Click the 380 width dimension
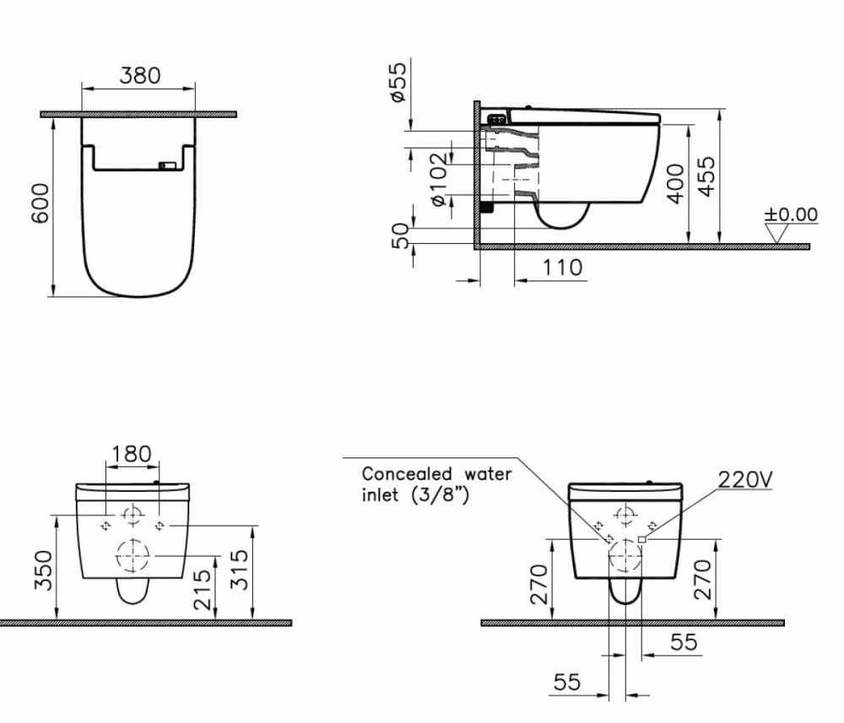(x=138, y=76)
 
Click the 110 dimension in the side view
(x=561, y=267)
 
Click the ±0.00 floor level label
(x=791, y=215)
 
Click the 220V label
(x=745, y=481)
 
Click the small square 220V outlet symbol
(x=642, y=538)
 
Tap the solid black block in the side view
(x=485, y=205)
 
